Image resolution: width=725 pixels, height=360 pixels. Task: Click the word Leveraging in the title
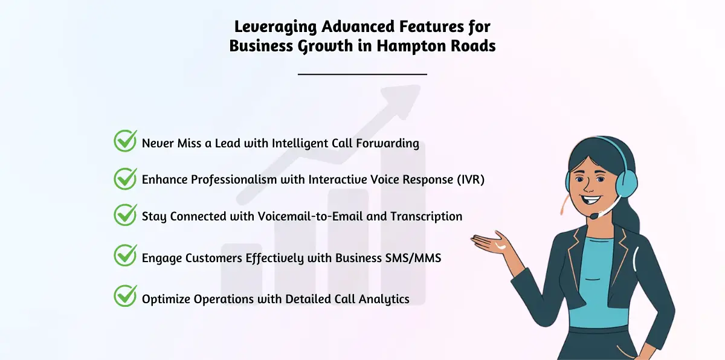[275, 27]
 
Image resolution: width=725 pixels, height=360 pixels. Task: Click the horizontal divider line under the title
[362, 74]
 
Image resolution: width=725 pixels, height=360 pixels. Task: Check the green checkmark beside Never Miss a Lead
[125, 141]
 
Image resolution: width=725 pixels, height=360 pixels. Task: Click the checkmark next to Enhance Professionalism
[125, 179]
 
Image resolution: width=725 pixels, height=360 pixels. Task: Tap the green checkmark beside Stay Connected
[125, 215]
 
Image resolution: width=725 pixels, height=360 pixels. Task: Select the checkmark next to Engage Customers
[125, 256]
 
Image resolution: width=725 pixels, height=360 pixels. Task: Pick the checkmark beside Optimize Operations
[125, 295]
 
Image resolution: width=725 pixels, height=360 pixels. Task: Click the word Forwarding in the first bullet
[387, 143]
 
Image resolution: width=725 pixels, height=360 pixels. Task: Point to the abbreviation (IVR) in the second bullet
[471, 179]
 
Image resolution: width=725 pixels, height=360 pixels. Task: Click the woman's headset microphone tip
[593, 216]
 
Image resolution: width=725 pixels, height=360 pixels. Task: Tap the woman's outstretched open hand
[491, 243]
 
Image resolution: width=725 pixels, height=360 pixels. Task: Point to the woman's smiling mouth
[591, 199]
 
